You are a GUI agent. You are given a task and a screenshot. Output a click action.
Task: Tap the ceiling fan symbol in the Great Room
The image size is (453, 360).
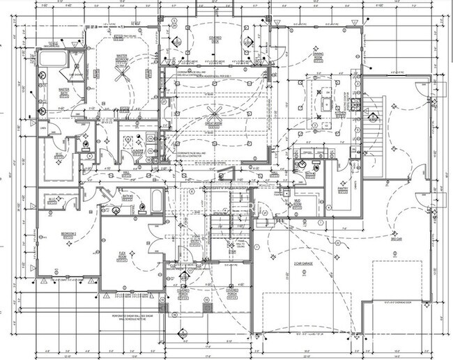[x=212, y=114]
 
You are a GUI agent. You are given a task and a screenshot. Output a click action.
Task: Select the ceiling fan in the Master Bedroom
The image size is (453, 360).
[x=123, y=73]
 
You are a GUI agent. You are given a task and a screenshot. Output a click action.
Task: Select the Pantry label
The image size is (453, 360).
[x=342, y=188]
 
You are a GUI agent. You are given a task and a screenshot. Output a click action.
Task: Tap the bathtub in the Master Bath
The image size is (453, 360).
[x=52, y=59]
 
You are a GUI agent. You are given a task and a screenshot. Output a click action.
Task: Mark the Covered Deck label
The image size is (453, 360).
[x=216, y=39]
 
